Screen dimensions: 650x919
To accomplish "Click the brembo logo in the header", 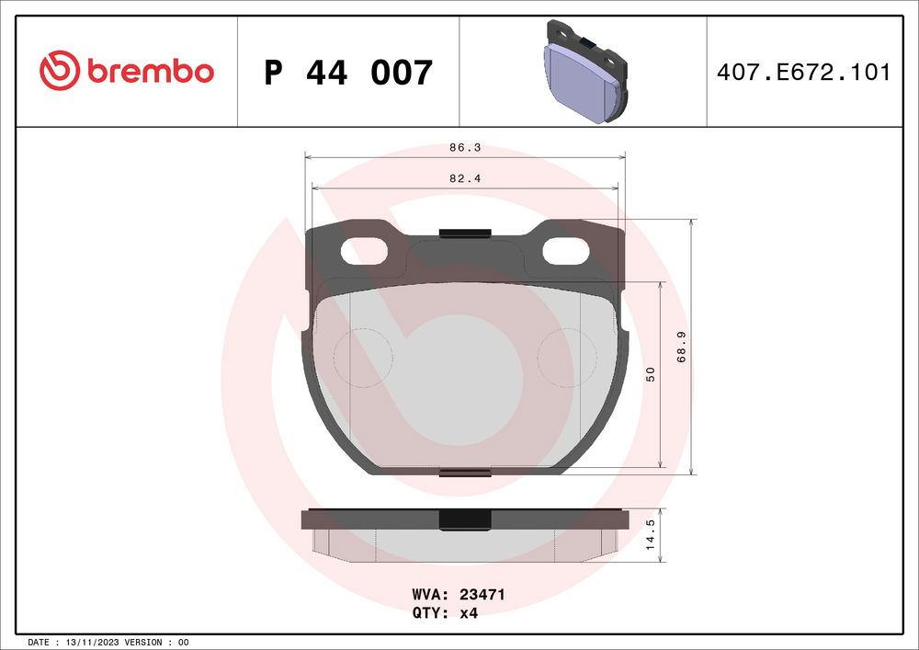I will click(127, 71).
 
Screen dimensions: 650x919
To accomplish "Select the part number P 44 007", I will click(347, 72).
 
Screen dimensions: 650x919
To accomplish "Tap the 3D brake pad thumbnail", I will click(583, 72).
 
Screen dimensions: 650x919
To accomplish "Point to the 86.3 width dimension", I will click(464, 147).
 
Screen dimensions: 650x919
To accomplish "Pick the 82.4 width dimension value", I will click(464, 178).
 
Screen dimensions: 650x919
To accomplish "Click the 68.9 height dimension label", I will click(681, 347).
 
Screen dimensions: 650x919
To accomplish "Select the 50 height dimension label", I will click(651, 374).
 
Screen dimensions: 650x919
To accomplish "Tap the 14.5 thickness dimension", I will click(651, 534).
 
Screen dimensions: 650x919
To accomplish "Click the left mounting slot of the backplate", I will click(364, 250).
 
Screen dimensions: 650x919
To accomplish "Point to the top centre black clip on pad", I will click(464, 233).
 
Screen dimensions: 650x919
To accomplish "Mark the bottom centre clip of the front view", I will click(464, 473).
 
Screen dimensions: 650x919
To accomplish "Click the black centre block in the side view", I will click(464, 519).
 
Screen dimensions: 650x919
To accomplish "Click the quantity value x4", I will click(468, 613).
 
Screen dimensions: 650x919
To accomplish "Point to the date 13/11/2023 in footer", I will click(93, 642).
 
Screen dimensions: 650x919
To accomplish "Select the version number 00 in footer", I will click(183, 642).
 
